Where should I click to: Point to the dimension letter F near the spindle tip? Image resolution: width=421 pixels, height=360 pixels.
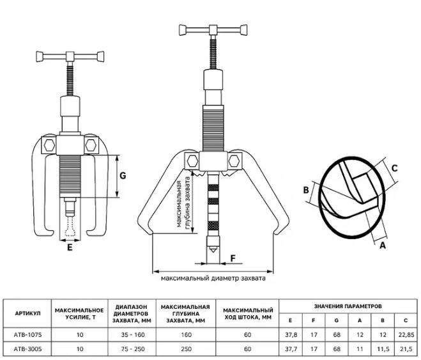tap(233, 258)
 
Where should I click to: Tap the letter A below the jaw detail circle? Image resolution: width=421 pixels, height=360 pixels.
tap(383, 244)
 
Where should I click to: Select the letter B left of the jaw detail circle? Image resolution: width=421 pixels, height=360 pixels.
tap(306, 190)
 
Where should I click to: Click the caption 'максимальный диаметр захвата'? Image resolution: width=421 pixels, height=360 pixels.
tap(213, 279)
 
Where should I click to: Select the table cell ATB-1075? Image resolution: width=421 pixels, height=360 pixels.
tap(26, 334)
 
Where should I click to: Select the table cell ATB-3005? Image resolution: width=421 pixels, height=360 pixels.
tap(26, 349)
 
